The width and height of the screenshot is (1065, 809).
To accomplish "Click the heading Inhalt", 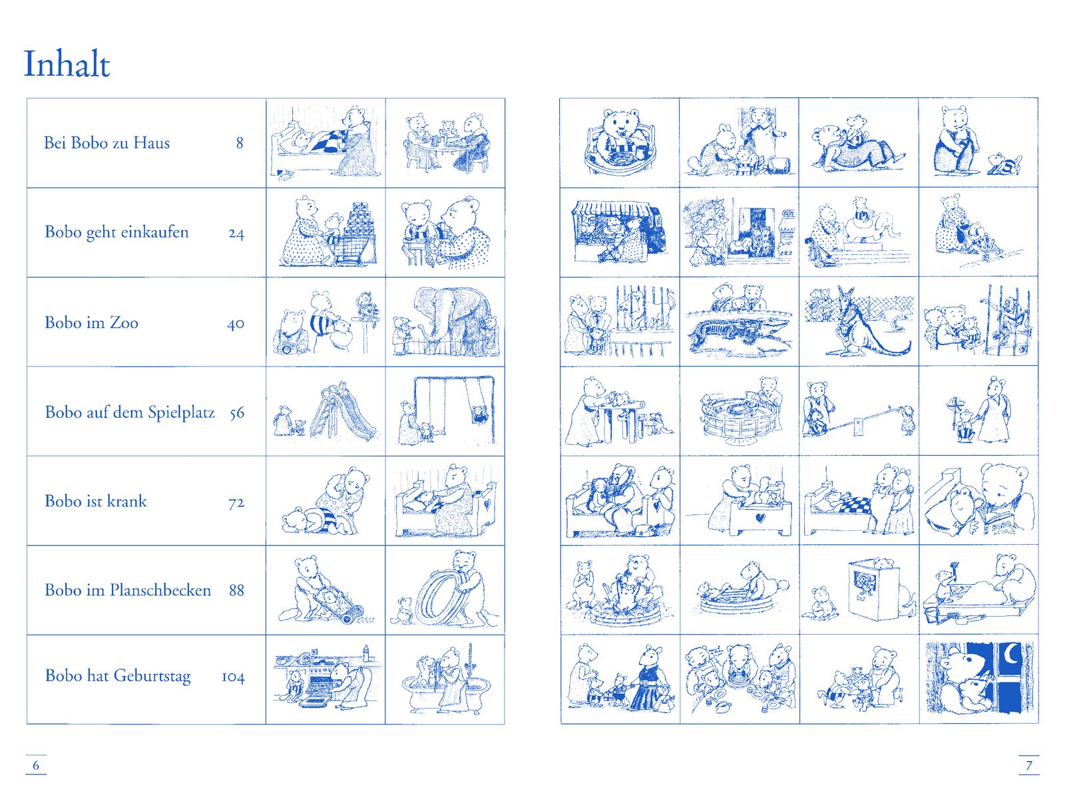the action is pos(67,63).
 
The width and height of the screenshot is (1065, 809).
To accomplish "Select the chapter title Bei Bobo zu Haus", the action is pos(106,143).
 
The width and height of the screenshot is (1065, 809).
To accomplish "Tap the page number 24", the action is pos(236,234).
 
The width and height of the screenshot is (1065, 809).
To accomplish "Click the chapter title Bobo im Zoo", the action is pos(91,323).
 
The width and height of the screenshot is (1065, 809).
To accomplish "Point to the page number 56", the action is pos(237,413).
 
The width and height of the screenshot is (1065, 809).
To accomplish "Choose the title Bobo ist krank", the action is pos(96,501).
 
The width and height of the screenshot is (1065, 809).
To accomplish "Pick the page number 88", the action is pos(236,590).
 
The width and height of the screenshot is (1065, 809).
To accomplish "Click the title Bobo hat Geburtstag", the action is pos(118,677).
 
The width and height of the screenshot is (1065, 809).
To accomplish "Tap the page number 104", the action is pos(233,677).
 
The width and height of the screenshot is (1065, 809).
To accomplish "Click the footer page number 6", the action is pos(35,765).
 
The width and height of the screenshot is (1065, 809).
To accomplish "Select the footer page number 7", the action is pos(1028,765).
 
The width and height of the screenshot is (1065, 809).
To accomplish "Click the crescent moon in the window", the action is pos(1013,655).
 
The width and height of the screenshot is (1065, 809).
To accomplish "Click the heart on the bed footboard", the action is pos(760,518).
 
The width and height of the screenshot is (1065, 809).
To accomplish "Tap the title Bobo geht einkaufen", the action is pos(116,232).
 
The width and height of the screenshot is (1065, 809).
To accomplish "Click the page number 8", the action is pos(239,143).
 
